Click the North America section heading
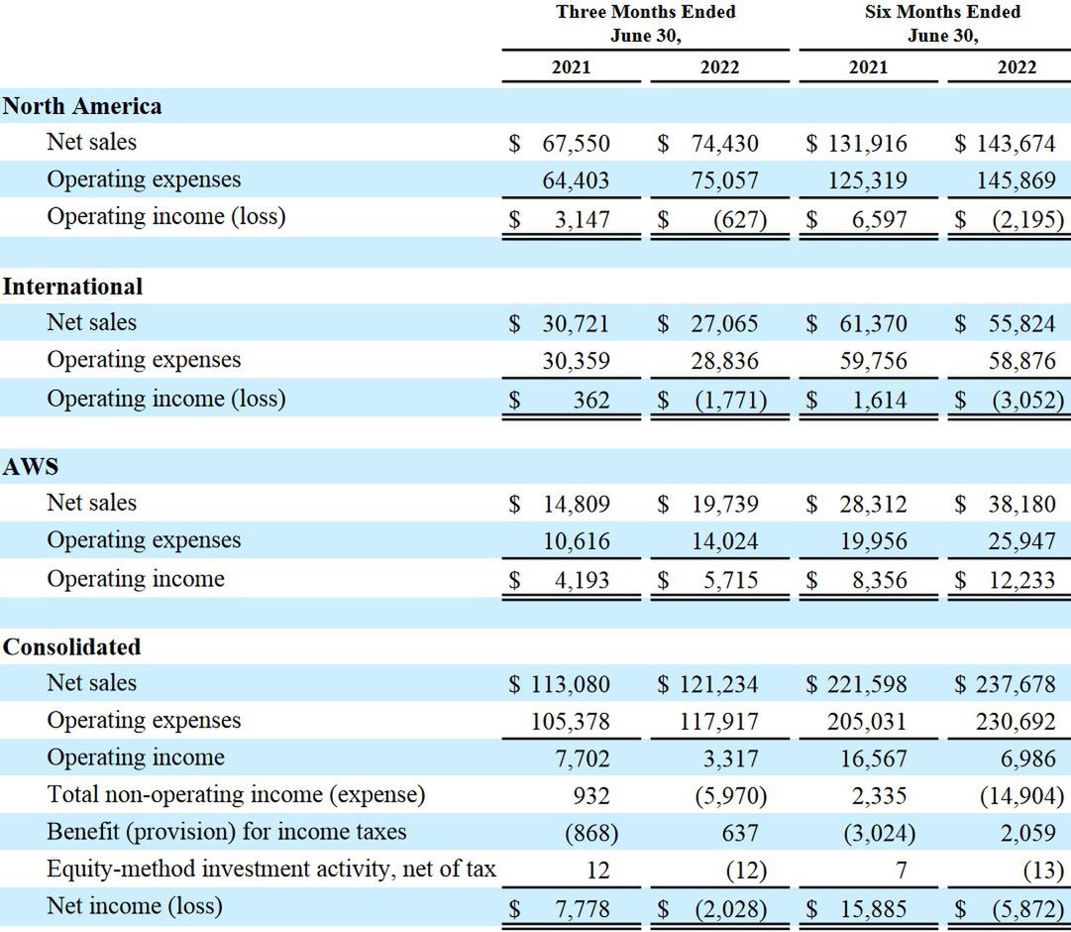click(x=82, y=106)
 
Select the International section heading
click(x=72, y=287)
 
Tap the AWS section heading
click(x=31, y=467)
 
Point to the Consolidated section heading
click(x=71, y=647)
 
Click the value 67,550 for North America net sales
click(x=576, y=143)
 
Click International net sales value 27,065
click(x=724, y=323)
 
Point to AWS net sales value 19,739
click(x=724, y=504)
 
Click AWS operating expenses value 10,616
click(x=576, y=541)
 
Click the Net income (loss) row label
click(x=135, y=905)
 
